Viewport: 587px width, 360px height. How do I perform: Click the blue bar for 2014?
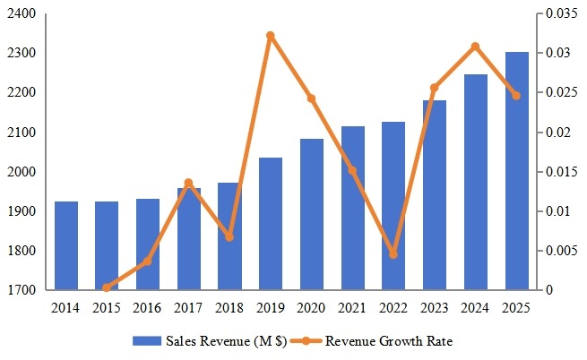(66, 245)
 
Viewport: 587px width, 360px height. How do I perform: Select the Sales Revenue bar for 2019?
(271, 224)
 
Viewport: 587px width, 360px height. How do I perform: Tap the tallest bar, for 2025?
(516, 171)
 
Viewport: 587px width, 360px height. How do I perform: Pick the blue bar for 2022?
(393, 206)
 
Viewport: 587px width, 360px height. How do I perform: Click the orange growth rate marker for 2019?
(271, 36)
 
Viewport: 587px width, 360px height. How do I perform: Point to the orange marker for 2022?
(393, 254)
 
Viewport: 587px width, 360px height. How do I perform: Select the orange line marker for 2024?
(475, 47)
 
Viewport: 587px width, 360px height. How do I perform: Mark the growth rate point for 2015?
(107, 287)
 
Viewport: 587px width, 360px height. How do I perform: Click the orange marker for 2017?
(188, 183)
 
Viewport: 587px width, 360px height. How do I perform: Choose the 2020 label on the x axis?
(311, 308)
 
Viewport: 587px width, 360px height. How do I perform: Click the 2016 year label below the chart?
(148, 308)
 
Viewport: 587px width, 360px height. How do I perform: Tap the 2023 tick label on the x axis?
(434, 308)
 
